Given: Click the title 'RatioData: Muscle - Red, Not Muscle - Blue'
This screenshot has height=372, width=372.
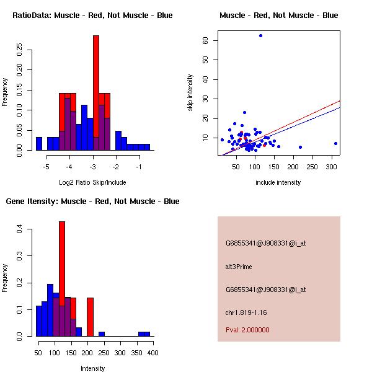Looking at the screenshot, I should [x=92, y=15].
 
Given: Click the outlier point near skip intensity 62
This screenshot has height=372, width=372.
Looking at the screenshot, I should [x=260, y=35].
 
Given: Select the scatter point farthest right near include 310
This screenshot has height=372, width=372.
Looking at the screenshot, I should [x=335, y=143].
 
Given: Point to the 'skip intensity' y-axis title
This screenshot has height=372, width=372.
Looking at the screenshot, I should [x=190, y=93].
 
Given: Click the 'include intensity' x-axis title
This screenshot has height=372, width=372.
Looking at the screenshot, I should [x=278, y=182].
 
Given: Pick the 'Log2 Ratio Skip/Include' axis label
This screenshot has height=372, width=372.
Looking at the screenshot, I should [x=92, y=182].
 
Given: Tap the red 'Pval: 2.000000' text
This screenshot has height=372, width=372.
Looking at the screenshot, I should [x=247, y=330].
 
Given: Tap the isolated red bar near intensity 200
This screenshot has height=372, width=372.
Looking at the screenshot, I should [x=90, y=316].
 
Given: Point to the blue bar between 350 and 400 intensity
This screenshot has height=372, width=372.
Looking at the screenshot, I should [x=144, y=334].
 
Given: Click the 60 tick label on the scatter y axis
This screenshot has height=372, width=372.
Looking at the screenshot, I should [x=205, y=40].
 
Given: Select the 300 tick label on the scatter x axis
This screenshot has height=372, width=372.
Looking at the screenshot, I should [x=331, y=166].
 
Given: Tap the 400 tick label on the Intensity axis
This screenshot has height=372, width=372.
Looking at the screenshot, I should [x=153, y=353].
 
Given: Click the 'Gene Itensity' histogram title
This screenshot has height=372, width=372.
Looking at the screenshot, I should [x=92, y=201].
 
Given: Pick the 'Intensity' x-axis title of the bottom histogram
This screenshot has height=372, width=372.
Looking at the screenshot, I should [x=93, y=368].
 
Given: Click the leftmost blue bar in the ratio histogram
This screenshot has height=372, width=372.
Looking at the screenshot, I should [x=39, y=144].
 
